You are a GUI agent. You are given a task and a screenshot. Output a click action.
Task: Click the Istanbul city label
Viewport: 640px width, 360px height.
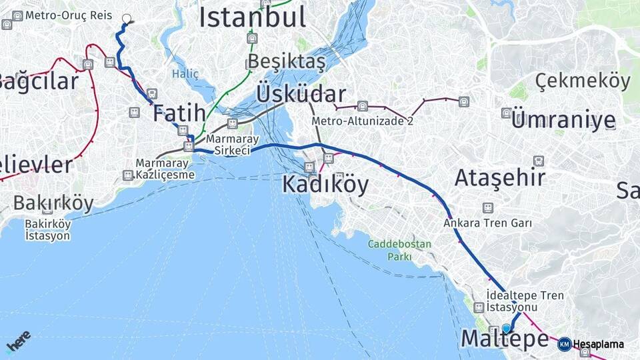(x=252, y=17)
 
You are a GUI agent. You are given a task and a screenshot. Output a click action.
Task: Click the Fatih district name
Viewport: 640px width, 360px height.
(x=179, y=113)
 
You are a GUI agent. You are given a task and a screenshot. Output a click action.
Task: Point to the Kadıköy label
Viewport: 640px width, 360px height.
(x=325, y=184)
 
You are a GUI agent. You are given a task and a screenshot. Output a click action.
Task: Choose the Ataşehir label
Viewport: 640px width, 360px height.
(x=500, y=177)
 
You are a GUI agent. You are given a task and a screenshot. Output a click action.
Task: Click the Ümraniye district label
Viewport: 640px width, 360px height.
(x=563, y=120)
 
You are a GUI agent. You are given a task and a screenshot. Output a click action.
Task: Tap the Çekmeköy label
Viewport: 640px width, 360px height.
(x=582, y=81)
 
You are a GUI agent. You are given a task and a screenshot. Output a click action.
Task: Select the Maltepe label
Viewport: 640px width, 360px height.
(x=504, y=339)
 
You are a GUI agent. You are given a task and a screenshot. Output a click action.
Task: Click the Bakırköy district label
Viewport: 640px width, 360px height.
(x=53, y=203)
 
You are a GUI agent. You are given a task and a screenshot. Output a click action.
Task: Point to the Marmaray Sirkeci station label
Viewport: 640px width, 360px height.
(x=228, y=145)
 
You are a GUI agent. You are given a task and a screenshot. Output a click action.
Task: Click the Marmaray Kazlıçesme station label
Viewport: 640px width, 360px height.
(x=165, y=169)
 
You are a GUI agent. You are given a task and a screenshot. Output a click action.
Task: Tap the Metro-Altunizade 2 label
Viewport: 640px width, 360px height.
(x=362, y=121)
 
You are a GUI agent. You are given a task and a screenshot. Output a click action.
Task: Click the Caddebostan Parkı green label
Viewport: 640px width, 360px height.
(x=399, y=250)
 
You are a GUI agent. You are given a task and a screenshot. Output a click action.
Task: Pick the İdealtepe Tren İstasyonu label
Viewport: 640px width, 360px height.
(x=525, y=301)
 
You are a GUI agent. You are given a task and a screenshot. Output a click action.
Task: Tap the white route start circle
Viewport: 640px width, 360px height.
(x=127, y=19)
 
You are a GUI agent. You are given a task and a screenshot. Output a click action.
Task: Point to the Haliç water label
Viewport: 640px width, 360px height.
(x=185, y=73)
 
